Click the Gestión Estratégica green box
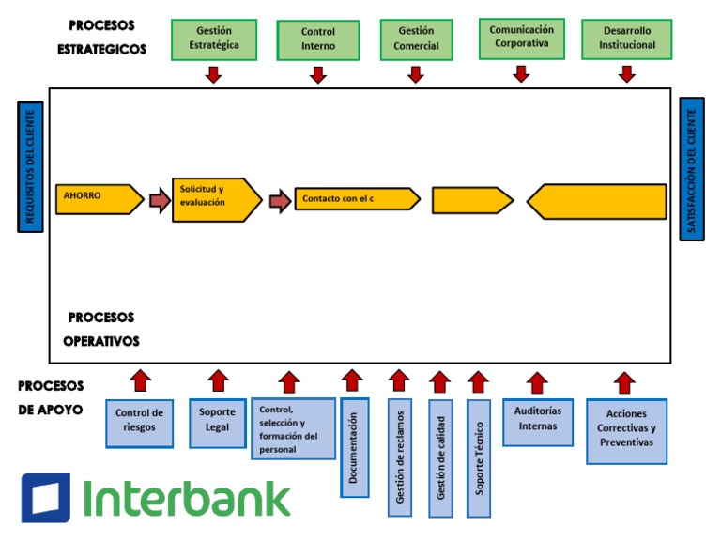pyautogui.click(x=213, y=39)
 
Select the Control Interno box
pyautogui.click(x=318, y=39)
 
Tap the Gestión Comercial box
pyautogui.click(x=416, y=39)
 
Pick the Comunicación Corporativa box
pyautogui.click(x=521, y=38)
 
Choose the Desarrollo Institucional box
pyautogui.click(x=627, y=39)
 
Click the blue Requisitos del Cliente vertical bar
pyautogui.click(x=30, y=166)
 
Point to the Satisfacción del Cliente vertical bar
pyautogui.click(x=692, y=169)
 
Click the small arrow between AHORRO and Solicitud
pyautogui.click(x=159, y=200)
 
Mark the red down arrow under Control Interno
pyautogui.click(x=318, y=74)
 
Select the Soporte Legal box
pyautogui.click(x=218, y=420)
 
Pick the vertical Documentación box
pyautogui.click(x=354, y=446)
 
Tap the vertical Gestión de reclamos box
pyautogui.click(x=399, y=457)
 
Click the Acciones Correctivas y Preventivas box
pyautogui.click(x=626, y=430)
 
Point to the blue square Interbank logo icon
pyautogui.click(x=45, y=497)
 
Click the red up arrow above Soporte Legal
pyautogui.click(x=218, y=380)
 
